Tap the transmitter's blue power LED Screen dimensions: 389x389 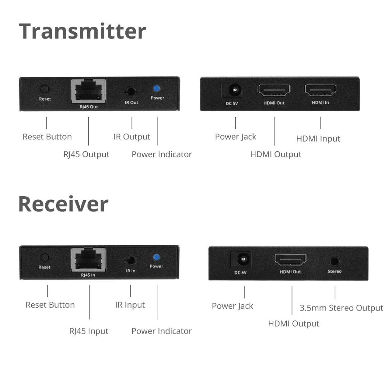(157, 89)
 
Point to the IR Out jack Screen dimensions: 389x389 (131, 92)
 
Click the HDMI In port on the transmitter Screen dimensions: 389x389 (320, 90)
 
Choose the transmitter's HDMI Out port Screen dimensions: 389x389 (274, 90)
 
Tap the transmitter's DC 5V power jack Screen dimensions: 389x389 (235, 89)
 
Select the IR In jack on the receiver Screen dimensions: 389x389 (131, 260)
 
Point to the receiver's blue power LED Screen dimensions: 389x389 (156, 257)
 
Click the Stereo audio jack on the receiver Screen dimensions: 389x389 (335, 261)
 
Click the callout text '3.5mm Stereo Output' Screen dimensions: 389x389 (341, 308)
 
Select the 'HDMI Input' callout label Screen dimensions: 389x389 (318, 139)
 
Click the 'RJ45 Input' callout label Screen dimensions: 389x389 (89, 331)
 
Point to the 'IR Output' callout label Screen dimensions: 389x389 (131, 137)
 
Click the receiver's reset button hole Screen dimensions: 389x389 (45, 258)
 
